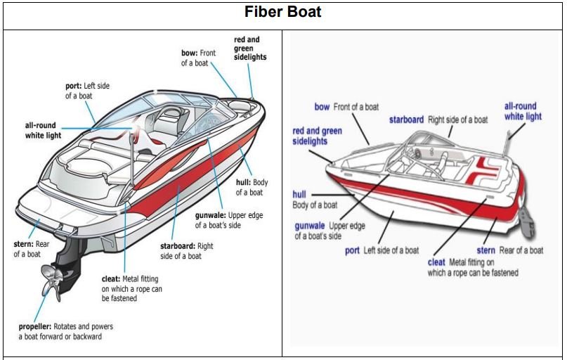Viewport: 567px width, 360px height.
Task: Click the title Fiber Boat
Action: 283,13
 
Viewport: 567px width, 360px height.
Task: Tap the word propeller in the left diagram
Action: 35,327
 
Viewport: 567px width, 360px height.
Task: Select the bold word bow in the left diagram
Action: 189,53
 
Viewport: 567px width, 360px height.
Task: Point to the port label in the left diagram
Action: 73,86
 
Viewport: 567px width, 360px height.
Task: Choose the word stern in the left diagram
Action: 23,244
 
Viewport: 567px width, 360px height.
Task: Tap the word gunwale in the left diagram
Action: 210,215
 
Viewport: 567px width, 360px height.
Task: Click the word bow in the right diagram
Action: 322,107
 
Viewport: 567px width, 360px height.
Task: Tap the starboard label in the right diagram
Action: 406,120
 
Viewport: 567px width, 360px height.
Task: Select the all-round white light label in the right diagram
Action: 523,111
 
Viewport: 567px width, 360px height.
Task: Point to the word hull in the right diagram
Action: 299,195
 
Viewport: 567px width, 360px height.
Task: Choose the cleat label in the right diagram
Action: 436,262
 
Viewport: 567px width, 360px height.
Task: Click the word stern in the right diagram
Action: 485,250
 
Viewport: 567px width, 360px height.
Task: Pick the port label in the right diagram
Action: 352,250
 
